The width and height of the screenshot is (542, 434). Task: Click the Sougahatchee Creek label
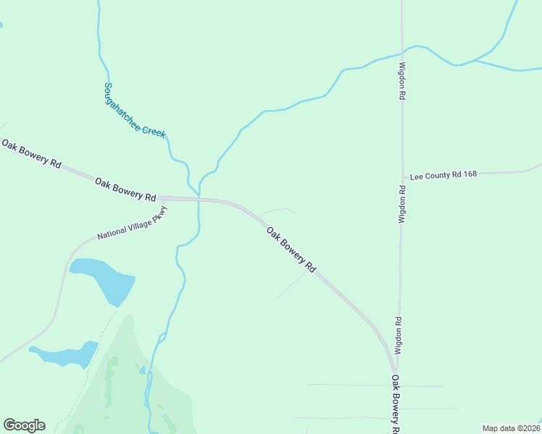coord(134,110)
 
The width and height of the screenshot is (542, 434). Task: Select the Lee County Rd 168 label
coord(443,175)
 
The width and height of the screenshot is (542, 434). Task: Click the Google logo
coord(24,425)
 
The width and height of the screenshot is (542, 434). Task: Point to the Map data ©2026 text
coord(511,427)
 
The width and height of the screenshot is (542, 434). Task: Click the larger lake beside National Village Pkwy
coord(104,279)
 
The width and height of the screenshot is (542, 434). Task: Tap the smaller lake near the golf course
coord(65,354)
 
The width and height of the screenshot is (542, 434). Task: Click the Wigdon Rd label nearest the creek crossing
coord(401,80)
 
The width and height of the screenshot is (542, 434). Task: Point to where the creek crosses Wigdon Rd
coord(402,52)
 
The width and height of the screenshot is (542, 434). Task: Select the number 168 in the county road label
coord(468,174)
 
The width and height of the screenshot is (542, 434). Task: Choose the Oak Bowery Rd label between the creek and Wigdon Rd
coord(291,250)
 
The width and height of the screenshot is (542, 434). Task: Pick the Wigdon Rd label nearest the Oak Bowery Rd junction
coord(398,335)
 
